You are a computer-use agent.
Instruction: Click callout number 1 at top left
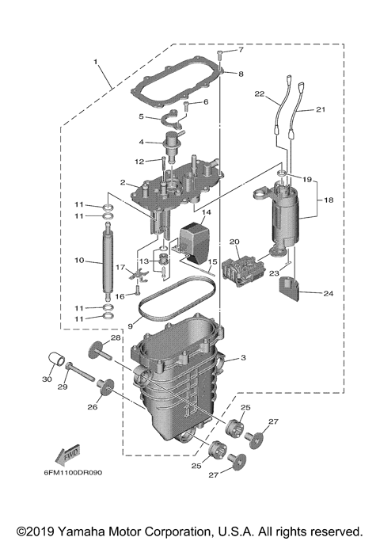95,60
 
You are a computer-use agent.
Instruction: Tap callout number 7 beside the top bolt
241,50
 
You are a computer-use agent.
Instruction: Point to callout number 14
205,213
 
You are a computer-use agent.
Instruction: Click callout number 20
234,242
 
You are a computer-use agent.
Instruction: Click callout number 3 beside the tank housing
243,358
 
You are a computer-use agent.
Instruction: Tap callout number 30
46,379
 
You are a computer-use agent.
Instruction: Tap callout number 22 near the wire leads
259,95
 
